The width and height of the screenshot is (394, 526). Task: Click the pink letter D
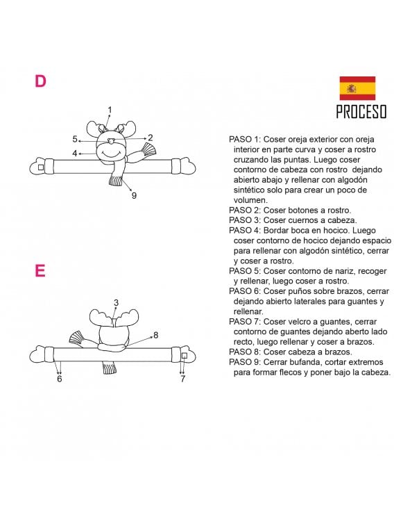click(x=40, y=81)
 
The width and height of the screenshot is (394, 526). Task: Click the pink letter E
click(x=40, y=270)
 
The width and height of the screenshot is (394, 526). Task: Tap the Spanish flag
click(x=357, y=88)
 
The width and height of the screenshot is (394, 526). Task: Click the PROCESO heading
click(x=361, y=112)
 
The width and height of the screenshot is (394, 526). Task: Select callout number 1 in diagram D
click(x=110, y=110)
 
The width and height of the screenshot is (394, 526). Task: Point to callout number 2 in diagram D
click(x=151, y=138)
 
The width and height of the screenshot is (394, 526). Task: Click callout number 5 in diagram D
click(x=75, y=139)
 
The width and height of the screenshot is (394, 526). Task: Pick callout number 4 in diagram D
click(x=75, y=154)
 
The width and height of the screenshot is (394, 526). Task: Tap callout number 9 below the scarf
click(x=135, y=195)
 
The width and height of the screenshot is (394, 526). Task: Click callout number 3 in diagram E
click(x=116, y=302)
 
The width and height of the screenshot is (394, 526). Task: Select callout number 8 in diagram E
click(x=155, y=335)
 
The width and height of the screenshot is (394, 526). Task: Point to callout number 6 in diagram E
click(x=60, y=379)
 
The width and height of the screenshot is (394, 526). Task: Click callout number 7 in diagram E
click(x=182, y=379)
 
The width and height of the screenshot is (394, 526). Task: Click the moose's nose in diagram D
click(x=112, y=140)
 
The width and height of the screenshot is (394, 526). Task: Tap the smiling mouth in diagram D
click(x=110, y=154)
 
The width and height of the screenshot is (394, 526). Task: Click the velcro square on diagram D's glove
click(x=41, y=167)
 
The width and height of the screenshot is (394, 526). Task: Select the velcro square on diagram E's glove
click(x=184, y=356)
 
